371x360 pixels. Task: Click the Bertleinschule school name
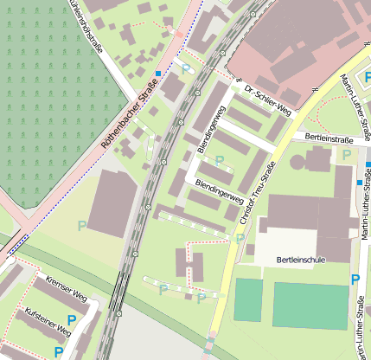coord(302,260)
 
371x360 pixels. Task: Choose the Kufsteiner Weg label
coord(48,321)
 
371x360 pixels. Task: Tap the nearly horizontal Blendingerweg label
coord(218,190)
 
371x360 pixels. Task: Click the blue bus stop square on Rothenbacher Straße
coord(157,74)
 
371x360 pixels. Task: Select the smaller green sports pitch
coord(247,301)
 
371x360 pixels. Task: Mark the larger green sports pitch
coord(308,305)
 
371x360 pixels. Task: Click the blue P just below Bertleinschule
coord(355,280)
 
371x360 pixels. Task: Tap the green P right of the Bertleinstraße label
coord(346,155)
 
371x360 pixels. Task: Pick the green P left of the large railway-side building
coord(82,226)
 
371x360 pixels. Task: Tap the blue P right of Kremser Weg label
coord(72,320)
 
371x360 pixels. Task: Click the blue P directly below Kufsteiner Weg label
coord(58,351)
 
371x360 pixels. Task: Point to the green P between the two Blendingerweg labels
coord(219,160)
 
